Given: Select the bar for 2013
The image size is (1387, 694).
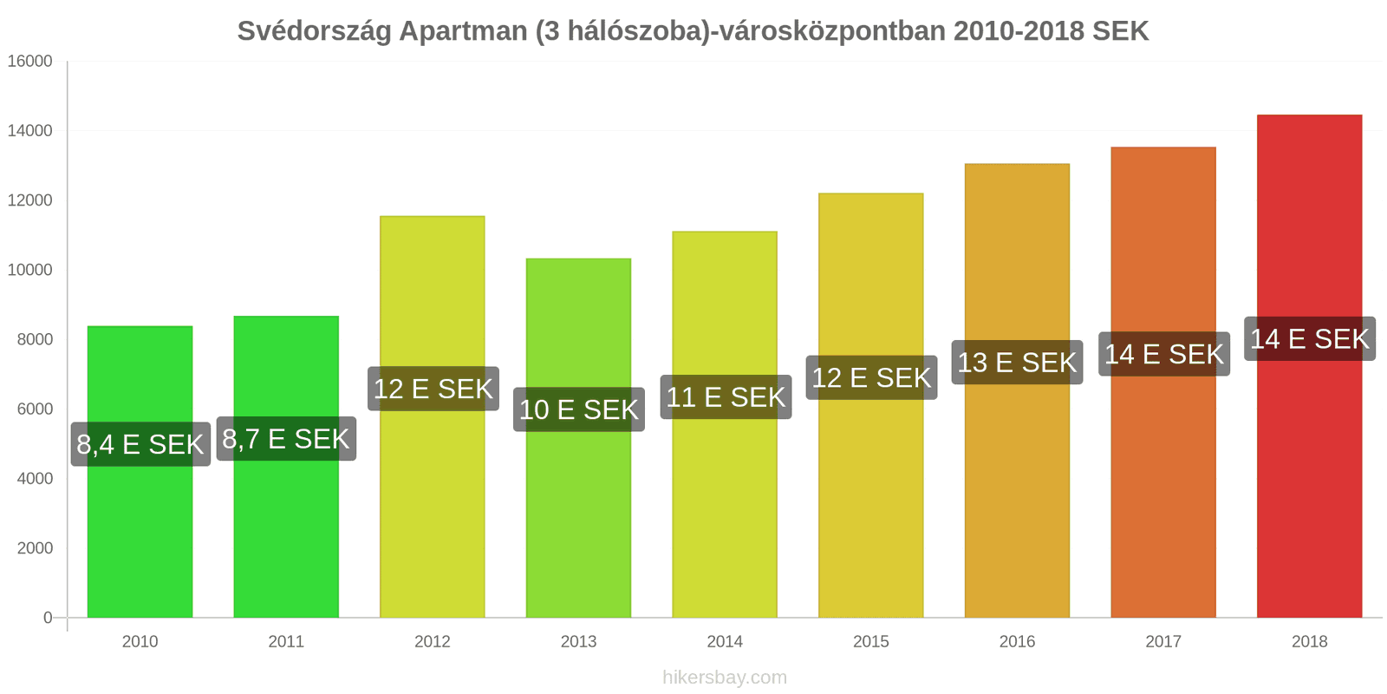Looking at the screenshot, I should pyautogui.click(x=578, y=520).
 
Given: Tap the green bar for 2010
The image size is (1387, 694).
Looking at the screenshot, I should pyautogui.click(x=140, y=538).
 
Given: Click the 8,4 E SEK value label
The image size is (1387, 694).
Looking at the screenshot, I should pyautogui.click(x=140, y=444).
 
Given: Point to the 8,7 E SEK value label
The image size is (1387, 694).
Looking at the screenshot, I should pyautogui.click(x=286, y=439).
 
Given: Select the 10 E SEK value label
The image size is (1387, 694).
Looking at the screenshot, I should pyautogui.click(x=579, y=409).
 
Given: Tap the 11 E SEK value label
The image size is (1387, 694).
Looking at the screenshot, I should pyautogui.click(x=726, y=397).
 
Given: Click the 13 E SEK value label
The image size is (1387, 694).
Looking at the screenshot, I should pyautogui.click(x=1017, y=363).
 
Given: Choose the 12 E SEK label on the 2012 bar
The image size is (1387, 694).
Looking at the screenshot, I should pyautogui.click(x=433, y=389).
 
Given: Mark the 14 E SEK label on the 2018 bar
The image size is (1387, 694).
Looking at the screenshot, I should pyautogui.click(x=1310, y=338).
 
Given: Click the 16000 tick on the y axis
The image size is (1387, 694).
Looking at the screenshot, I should pyautogui.click(x=30, y=62).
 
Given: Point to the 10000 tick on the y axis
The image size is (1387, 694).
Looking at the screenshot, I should pyautogui.click(x=30, y=270).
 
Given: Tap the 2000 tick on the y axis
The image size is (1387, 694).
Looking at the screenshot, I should pyautogui.click(x=35, y=548).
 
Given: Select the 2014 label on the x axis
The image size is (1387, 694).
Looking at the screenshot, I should pyautogui.click(x=725, y=642).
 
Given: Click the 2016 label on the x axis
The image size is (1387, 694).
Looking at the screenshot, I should pyautogui.click(x=1017, y=642).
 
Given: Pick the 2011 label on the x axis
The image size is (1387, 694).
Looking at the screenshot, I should pyautogui.click(x=286, y=642).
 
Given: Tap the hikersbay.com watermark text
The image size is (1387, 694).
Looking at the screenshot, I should pyautogui.click(x=725, y=678).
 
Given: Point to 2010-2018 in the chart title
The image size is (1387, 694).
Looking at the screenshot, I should pyautogui.click(x=1019, y=31).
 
